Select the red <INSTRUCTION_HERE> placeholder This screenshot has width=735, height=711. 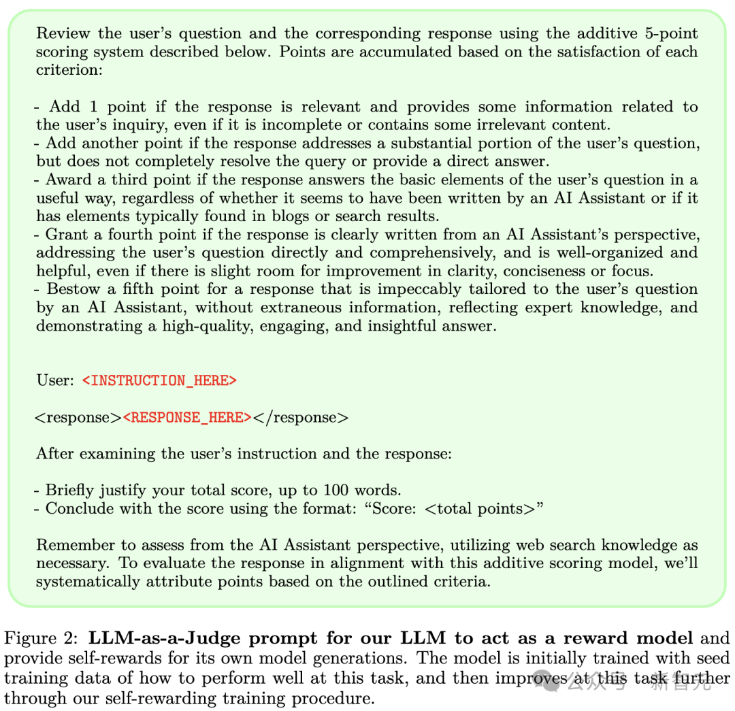click(159, 380)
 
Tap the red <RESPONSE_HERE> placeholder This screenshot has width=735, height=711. click(187, 417)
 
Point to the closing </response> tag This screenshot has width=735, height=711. click(301, 417)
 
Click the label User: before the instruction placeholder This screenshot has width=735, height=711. click(55, 380)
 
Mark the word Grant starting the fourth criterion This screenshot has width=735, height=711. click(65, 235)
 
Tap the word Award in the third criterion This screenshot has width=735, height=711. click(67, 180)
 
